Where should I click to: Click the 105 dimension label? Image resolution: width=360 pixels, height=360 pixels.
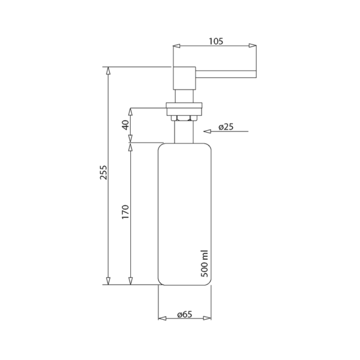216,41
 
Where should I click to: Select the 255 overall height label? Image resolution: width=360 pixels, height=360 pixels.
104,172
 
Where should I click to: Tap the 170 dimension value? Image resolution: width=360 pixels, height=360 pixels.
125,212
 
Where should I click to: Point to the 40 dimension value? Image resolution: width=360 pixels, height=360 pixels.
126,125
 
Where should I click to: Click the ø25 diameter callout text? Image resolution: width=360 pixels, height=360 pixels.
226,127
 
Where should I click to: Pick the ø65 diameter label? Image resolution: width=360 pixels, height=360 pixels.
185,314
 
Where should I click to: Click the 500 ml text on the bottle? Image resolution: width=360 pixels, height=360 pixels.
205,264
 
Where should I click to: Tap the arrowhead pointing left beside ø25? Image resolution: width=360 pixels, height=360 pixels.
207,131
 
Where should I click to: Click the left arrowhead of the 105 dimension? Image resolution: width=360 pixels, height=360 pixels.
176,46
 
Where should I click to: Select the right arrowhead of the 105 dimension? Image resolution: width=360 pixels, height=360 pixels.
253,46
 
